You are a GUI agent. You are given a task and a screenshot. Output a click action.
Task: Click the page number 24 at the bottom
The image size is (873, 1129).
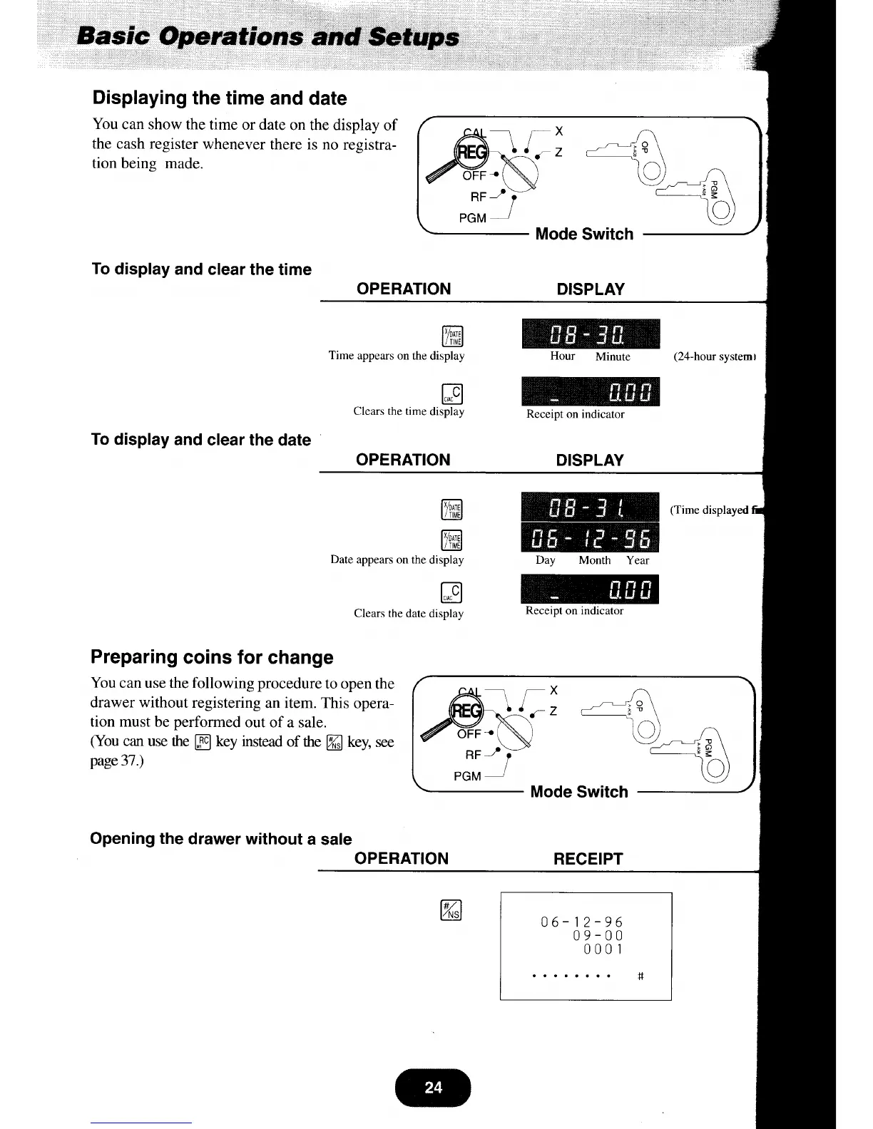pyautogui.click(x=433, y=1088)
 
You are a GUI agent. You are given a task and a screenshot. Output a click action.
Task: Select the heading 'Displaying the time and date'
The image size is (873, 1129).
pyautogui.click(x=220, y=98)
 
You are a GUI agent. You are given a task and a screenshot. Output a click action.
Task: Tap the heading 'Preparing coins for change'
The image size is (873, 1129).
pyautogui.click(x=212, y=657)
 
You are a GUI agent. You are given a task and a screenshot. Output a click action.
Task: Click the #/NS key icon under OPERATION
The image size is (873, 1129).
pyautogui.click(x=452, y=910)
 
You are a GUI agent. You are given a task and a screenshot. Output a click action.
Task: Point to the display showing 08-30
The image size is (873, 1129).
pyautogui.click(x=591, y=334)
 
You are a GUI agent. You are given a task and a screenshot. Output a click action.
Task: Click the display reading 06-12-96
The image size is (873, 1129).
pyautogui.click(x=591, y=537)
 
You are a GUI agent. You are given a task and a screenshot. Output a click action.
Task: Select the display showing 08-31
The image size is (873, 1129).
pyautogui.click(x=591, y=507)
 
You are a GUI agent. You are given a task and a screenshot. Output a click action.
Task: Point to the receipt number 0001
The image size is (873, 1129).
pyautogui.click(x=603, y=949)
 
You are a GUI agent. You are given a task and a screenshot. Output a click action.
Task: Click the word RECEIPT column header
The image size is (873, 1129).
pyautogui.click(x=588, y=859)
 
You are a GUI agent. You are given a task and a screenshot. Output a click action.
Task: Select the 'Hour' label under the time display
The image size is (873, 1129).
pyautogui.click(x=562, y=356)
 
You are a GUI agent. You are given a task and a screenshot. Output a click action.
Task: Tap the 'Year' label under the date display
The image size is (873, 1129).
pyautogui.click(x=638, y=560)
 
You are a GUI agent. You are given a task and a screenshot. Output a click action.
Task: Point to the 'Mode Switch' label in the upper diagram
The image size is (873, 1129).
pyautogui.click(x=584, y=234)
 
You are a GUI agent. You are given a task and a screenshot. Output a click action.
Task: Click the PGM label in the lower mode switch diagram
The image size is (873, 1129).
pyautogui.click(x=467, y=775)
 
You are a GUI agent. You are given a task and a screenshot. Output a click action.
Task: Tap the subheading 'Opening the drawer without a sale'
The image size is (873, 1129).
pyautogui.click(x=221, y=839)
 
